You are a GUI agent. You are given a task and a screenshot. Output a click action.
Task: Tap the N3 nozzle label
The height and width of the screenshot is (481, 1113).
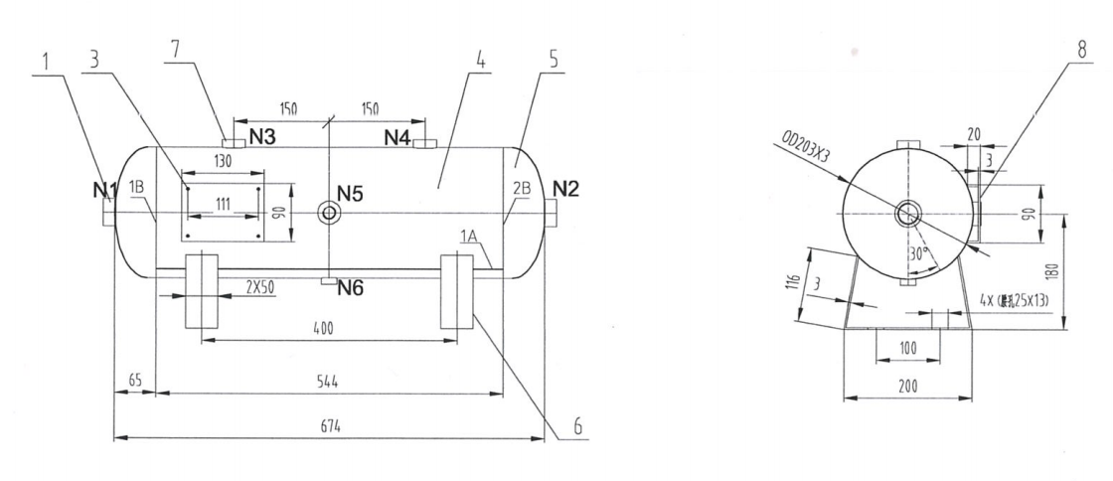click(262, 137)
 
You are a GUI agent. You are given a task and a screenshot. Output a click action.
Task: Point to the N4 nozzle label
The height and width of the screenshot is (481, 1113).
click(397, 137)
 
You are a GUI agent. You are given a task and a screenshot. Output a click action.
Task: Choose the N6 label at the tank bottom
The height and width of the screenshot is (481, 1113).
click(352, 289)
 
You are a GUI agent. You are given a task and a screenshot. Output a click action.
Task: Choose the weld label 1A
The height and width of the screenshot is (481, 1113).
click(469, 235)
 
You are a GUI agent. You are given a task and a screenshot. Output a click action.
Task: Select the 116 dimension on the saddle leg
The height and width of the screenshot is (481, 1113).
click(792, 281)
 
